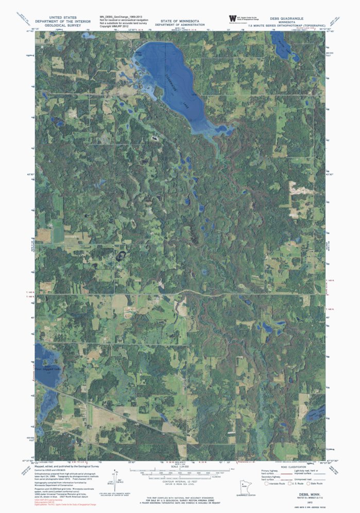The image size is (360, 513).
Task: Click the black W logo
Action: [232, 19]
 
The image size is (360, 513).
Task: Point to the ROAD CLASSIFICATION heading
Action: [285, 467]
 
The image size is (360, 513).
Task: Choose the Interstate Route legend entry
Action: [277, 484]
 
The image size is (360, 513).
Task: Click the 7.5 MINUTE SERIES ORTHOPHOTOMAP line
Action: [286, 25]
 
